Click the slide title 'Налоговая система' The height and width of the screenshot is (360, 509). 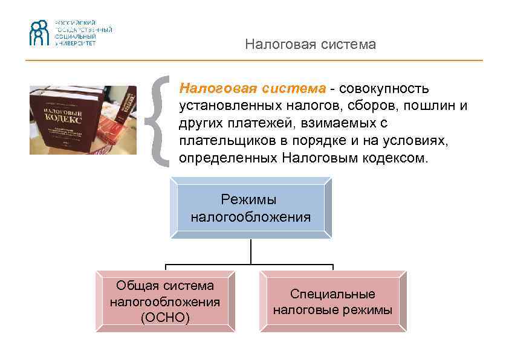(310, 45)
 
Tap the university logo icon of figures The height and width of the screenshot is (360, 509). (40, 33)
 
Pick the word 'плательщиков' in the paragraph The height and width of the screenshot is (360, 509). (221, 141)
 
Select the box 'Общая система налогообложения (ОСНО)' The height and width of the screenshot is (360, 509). (165, 301)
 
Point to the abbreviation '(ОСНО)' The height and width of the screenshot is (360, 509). (165, 318)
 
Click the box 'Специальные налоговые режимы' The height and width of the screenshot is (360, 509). (333, 301)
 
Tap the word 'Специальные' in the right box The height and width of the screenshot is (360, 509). (332, 294)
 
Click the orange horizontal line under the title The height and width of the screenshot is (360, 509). (254, 60)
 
